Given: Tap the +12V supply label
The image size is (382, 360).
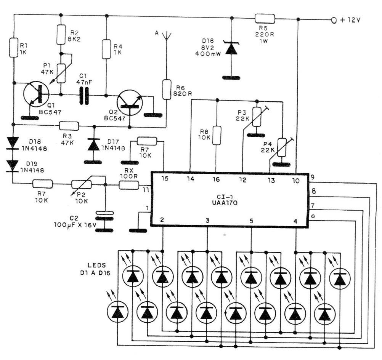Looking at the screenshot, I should click(349, 20).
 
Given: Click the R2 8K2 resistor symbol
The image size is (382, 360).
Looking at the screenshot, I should click(61, 35).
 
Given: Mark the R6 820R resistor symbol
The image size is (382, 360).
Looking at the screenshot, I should click(166, 89).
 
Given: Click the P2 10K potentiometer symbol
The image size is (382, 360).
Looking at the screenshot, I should click(81, 184).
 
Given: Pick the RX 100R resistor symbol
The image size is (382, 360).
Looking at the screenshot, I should click(129, 185).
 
